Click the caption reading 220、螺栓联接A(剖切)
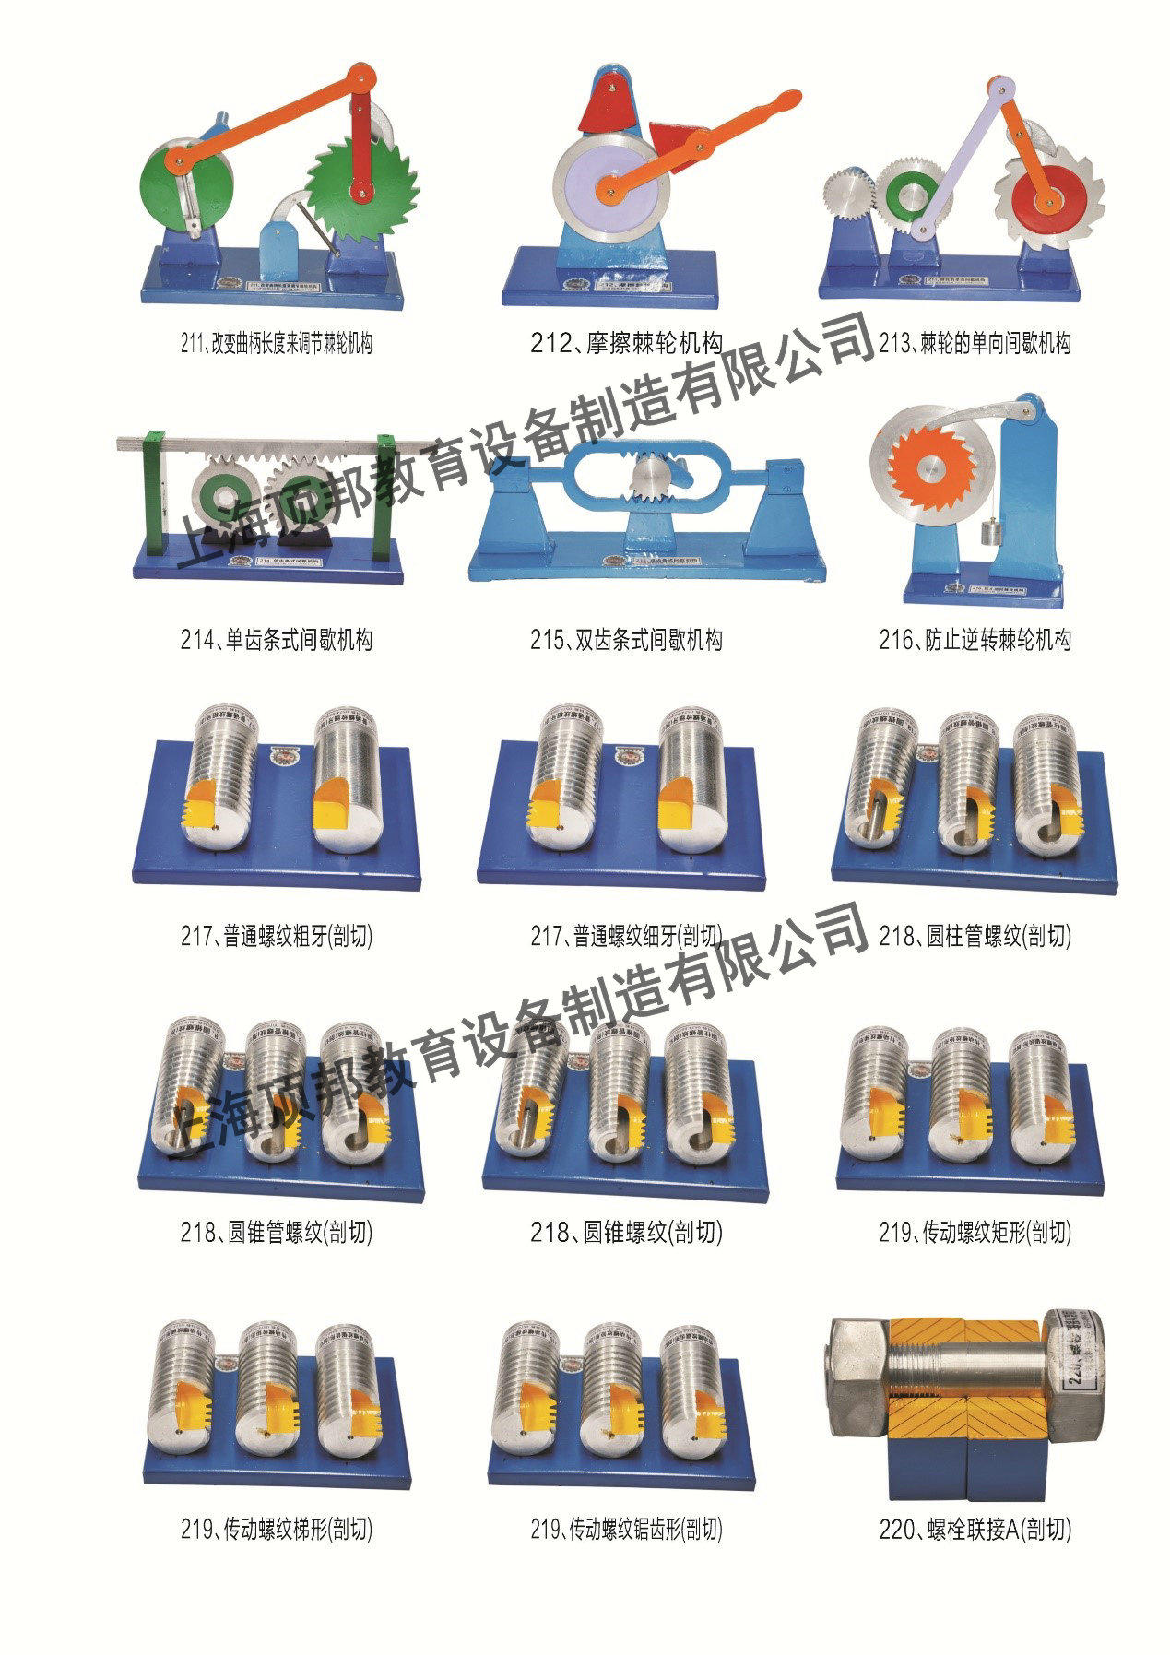click(975, 1530)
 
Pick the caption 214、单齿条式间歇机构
click(276, 640)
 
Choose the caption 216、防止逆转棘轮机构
click(975, 640)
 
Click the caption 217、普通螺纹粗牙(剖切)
click(276, 937)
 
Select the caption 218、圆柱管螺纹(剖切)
click(975, 937)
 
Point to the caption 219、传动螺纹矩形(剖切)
click(975, 1232)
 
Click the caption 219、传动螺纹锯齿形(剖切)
click(626, 1530)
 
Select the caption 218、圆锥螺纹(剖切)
click(626, 1232)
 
